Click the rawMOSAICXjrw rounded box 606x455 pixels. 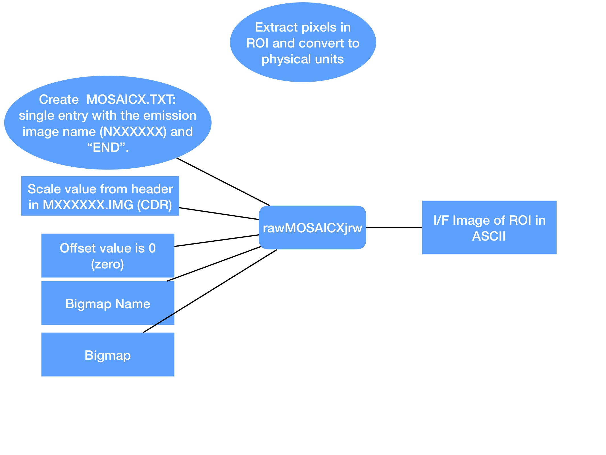(312, 227)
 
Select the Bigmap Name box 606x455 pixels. (108, 303)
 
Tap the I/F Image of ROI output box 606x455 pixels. (489, 227)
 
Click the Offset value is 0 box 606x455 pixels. (108, 255)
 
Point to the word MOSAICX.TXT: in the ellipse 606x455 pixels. (131, 100)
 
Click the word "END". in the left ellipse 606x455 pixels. (108, 148)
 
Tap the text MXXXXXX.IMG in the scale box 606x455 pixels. (88, 205)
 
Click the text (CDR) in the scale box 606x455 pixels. (155, 205)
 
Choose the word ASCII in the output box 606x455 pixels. (489, 236)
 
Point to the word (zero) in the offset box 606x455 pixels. (107, 264)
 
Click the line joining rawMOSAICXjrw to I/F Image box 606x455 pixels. (394, 227)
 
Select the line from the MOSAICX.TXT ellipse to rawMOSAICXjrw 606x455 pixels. (223, 181)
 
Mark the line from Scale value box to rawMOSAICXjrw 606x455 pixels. (219, 214)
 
